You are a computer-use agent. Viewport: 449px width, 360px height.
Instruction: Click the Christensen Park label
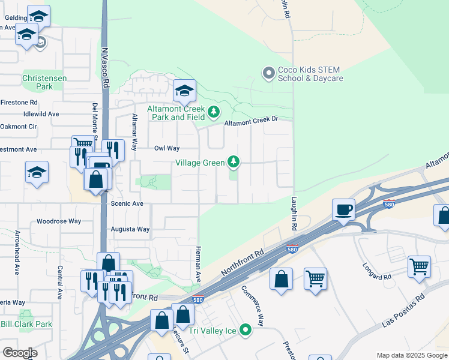(x=37, y=82)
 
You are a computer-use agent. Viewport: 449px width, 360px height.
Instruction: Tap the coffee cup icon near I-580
(x=343, y=210)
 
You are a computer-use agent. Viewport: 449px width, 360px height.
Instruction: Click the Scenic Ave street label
(x=127, y=204)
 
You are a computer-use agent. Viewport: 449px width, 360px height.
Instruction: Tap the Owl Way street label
(x=167, y=148)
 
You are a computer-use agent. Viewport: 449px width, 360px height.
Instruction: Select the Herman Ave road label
(x=197, y=262)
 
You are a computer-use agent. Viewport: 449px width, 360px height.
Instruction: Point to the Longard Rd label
(x=377, y=271)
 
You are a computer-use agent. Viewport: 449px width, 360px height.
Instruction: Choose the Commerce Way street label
(x=253, y=305)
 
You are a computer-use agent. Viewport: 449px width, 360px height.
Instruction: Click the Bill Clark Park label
(x=26, y=324)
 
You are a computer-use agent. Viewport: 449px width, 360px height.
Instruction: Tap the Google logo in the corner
(x=20, y=353)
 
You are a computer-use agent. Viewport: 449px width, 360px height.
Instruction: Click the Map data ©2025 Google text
(x=411, y=355)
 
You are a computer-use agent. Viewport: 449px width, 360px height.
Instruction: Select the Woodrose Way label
(x=58, y=221)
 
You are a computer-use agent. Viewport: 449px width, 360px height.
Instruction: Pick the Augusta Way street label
(x=130, y=229)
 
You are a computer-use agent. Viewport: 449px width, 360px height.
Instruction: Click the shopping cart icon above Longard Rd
(x=419, y=267)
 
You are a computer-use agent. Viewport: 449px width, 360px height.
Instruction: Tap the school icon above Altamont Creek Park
(x=184, y=91)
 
